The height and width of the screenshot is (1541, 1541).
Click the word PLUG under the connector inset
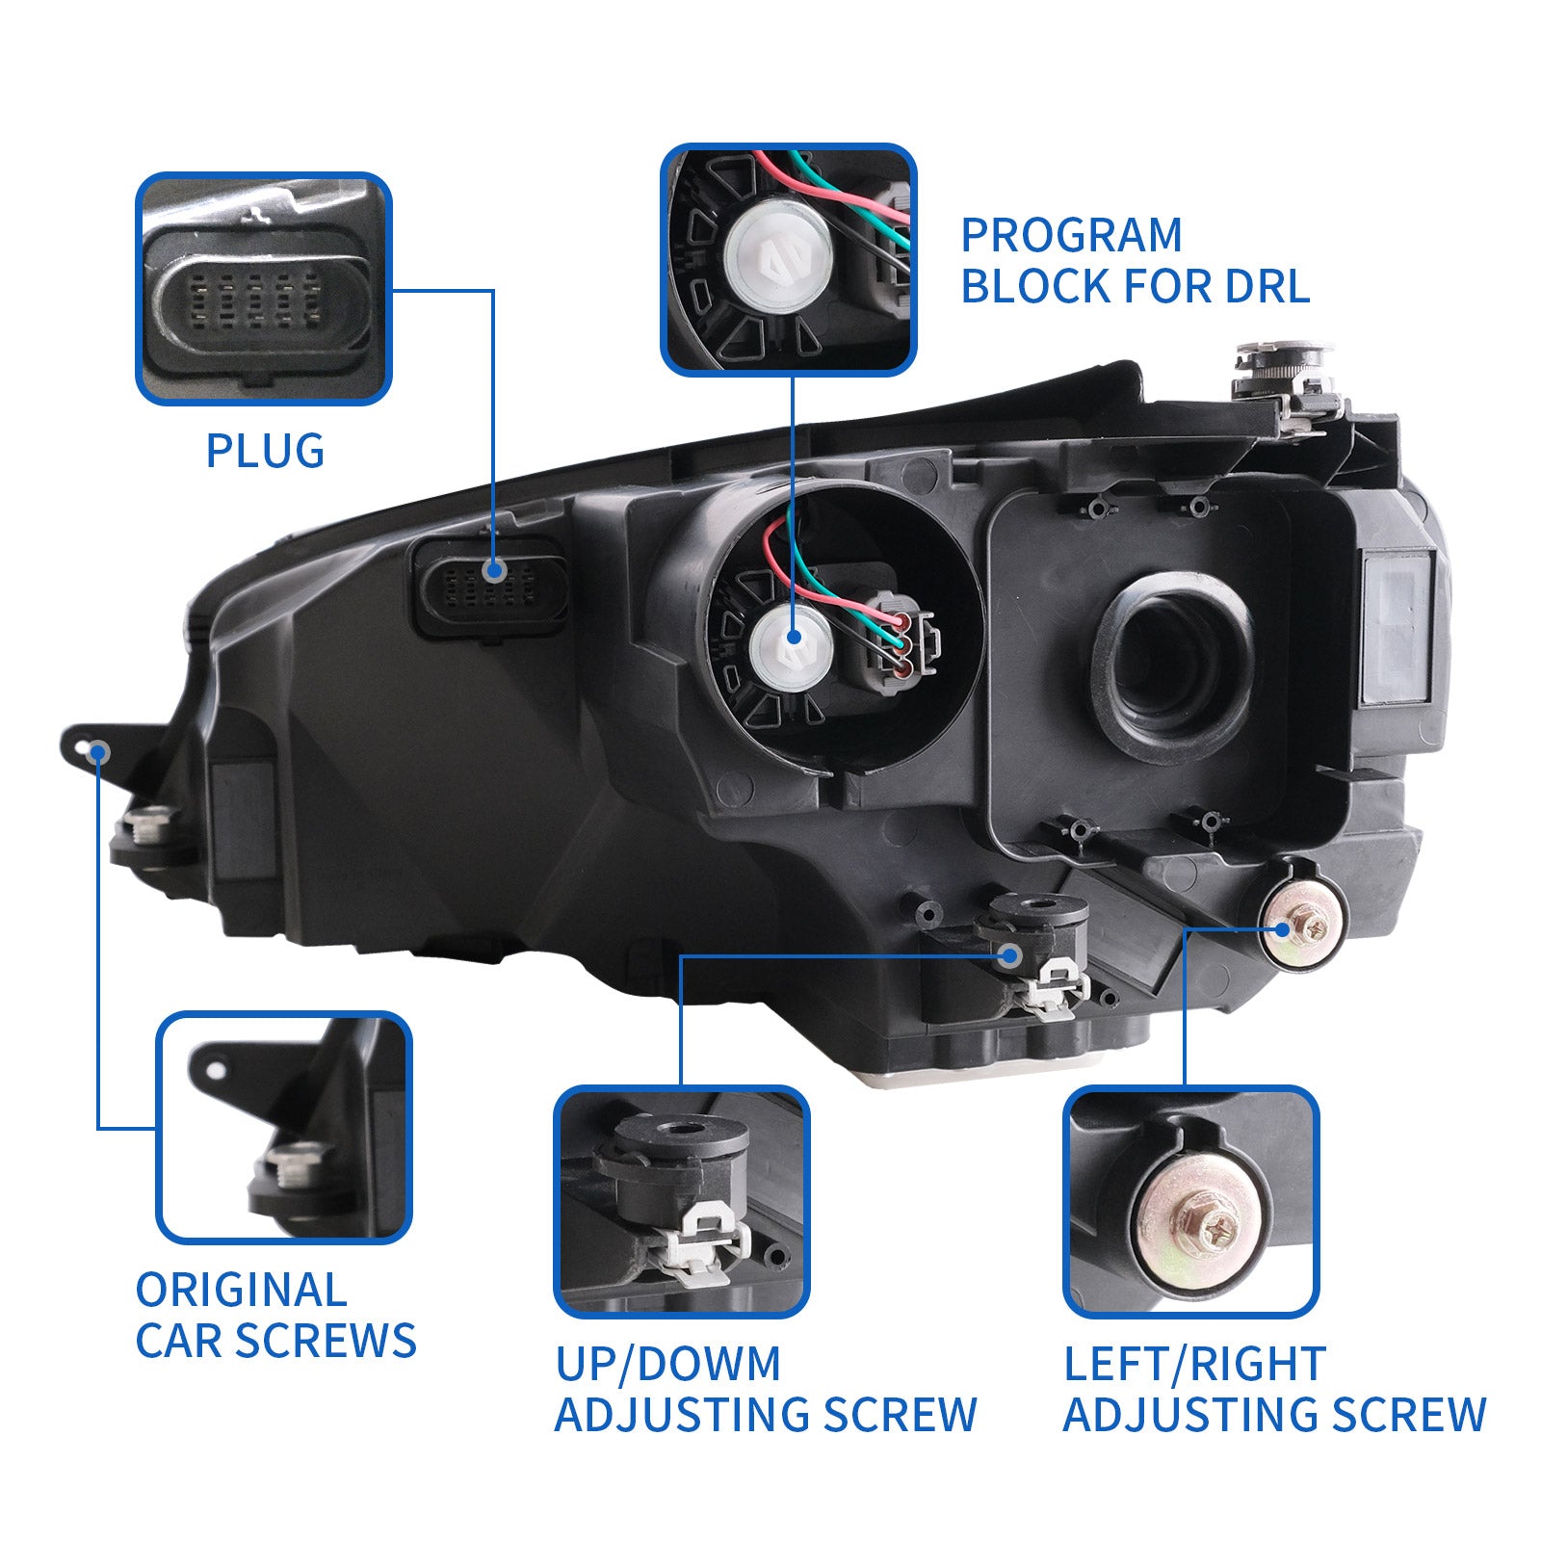click(265, 451)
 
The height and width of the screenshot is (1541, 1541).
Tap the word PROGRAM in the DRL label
click(1071, 236)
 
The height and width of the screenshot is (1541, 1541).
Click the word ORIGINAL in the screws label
click(241, 1291)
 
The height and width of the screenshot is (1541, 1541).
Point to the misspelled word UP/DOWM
click(667, 1364)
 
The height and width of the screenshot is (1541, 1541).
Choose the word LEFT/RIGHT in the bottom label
click(1194, 1364)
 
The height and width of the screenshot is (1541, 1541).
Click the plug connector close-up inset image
click(263, 289)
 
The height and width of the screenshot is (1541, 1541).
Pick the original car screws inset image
click(284, 1127)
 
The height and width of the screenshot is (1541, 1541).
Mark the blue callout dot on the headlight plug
click(495, 570)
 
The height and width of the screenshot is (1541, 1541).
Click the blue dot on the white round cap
click(794, 637)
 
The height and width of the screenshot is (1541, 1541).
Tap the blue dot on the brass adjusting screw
click(1282, 929)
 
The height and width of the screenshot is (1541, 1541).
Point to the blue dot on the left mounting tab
click(97, 751)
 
